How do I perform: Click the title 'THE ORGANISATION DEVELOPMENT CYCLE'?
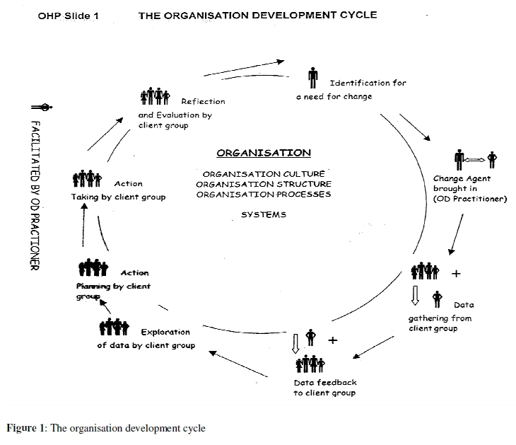click(x=257, y=14)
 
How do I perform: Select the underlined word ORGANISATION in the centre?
click(x=264, y=152)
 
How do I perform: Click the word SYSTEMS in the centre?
click(x=264, y=215)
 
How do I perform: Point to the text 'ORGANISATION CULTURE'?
click(x=264, y=174)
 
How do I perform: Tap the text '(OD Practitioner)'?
click(x=471, y=199)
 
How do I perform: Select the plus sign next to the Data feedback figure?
click(x=333, y=340)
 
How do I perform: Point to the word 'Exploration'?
click(x=165, y=332)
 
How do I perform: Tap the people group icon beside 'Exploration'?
click(x=114, y=328)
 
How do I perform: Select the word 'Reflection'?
click(x=203, y=101)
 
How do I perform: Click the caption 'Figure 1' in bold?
click(x=25, y=428)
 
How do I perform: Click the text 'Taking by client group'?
click(x=118, y=197)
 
